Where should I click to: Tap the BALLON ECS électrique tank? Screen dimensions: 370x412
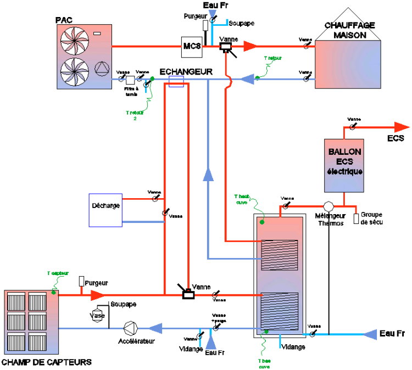pos(344,165)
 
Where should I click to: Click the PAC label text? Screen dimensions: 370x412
pos(64,20)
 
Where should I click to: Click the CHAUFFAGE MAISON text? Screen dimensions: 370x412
pos(350,30)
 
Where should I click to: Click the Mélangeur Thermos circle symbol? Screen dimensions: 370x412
pos(329,207)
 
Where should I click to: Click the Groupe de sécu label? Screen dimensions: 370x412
pos(372,218)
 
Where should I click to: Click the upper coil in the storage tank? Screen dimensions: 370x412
pos(279,254)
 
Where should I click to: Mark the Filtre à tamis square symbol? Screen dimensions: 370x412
pos(130,81)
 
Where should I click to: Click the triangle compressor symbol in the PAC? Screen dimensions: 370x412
pos(102,69)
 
